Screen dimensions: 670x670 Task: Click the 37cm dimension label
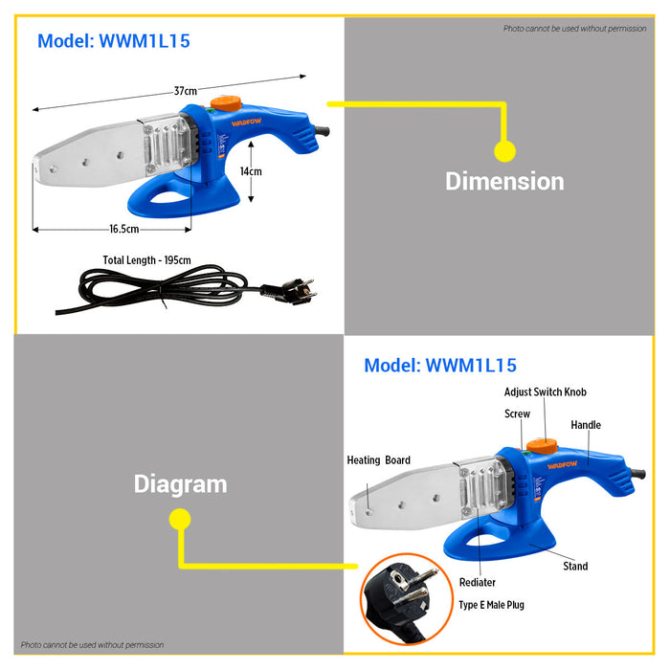pos(186,91)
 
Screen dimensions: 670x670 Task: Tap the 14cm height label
pos(251,171)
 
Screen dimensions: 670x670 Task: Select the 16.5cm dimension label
pos(123,229)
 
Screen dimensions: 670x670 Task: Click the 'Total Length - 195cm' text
pos(147,260)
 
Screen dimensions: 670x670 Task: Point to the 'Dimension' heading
pos(504,181)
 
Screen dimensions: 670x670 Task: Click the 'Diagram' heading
pos(180,484)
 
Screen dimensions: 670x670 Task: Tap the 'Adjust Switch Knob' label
pos(546,391)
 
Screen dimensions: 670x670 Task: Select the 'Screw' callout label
pos(517,413)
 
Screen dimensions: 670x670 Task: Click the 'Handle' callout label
pos(586,425)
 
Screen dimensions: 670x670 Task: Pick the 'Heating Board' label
pos(379,460)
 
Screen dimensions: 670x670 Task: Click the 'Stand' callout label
pos(575,567)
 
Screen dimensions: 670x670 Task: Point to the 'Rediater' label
pos(478,582)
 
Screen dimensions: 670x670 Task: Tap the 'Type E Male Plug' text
pos(491,605)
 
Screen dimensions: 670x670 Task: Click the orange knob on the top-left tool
pos(226,103)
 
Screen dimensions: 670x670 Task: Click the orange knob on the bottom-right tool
pos(542,446)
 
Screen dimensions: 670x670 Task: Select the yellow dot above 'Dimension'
pos(504,151)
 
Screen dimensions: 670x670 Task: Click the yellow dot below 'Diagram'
pos(180,519)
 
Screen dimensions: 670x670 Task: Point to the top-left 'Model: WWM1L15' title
pos(114,41)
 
